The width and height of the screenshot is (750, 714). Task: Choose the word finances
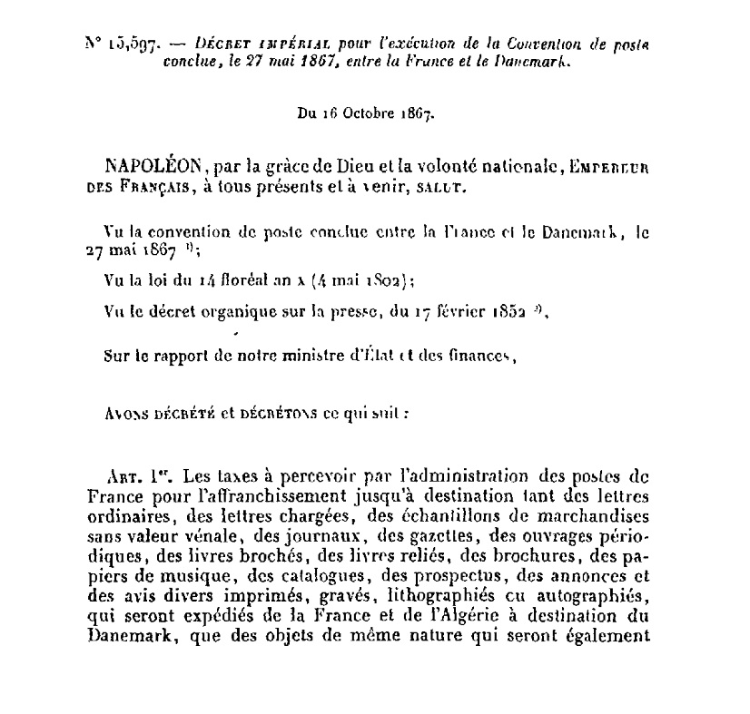tap(480, 356)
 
